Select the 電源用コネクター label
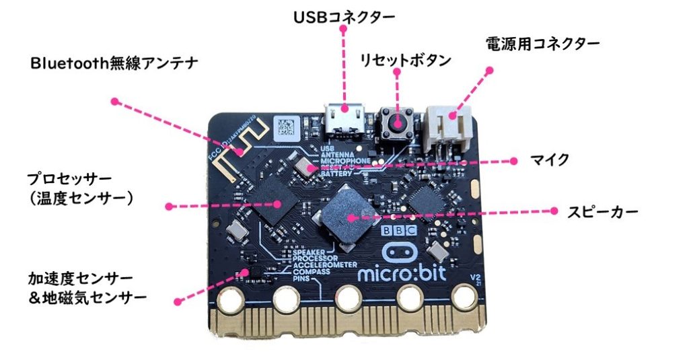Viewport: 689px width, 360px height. [x=542, y=44]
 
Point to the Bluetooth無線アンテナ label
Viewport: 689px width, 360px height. [x=114, y=64]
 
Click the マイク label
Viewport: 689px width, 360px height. [x=550, y=160]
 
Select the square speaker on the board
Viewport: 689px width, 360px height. [x=347, y=215]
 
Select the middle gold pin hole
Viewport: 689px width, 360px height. [x=349, y=296]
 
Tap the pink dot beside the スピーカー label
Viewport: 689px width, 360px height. [x=555, y=211]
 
